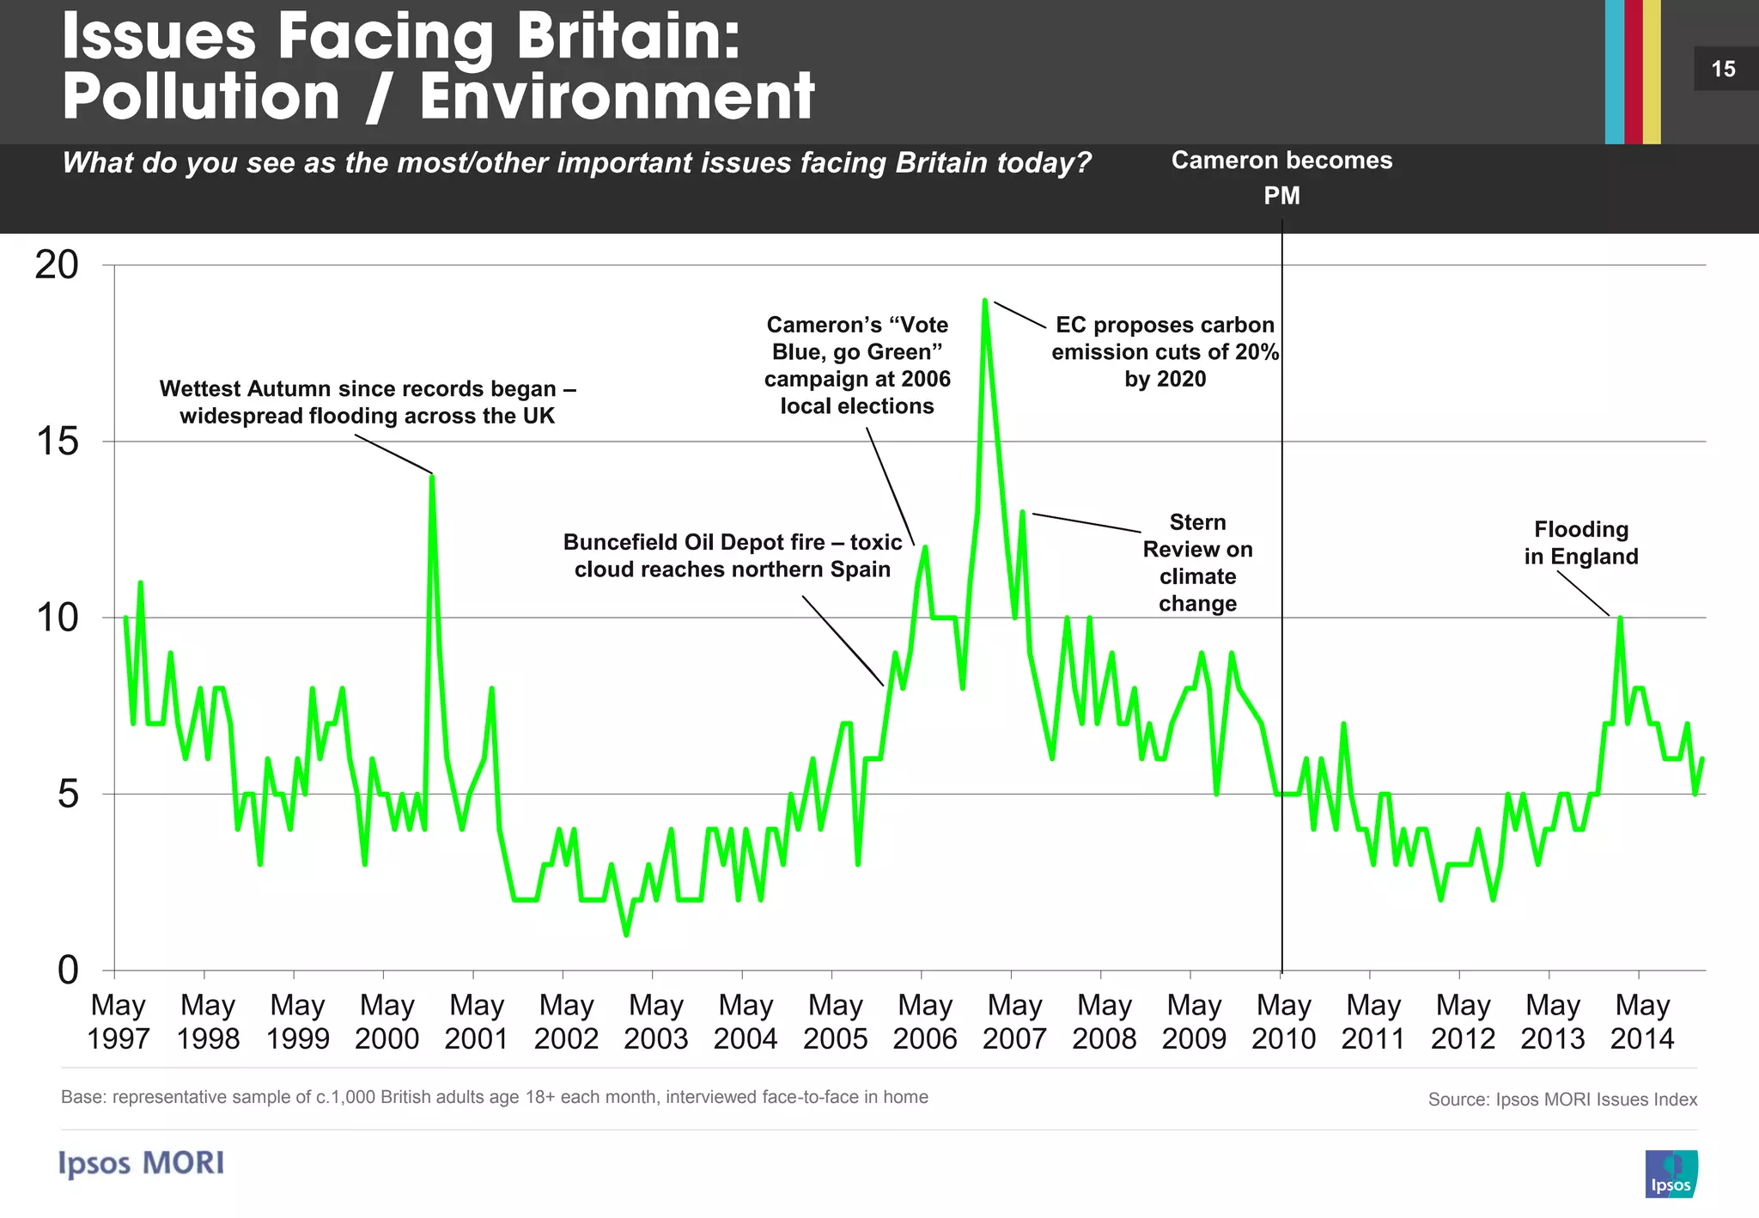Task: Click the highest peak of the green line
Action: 985,301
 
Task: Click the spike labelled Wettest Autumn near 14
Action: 432,477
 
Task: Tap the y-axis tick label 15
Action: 57,442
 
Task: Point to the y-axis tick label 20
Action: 57,265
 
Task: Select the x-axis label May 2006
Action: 924,1021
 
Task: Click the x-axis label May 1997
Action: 118,1021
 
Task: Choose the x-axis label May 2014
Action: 1641,1021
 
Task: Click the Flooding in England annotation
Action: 1580,543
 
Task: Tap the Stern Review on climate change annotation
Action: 1197,563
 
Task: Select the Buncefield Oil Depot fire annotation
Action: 733,556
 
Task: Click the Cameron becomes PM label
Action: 1281,177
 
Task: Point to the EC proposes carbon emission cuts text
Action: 1165,351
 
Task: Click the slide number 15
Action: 1723,69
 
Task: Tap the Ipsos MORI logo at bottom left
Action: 142,1163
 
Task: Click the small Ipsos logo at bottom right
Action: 1671,1173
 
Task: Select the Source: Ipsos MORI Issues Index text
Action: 1561,1099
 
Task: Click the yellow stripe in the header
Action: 1652,71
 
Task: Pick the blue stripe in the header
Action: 1614,71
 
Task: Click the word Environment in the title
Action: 617,96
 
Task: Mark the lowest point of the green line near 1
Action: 626,935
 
